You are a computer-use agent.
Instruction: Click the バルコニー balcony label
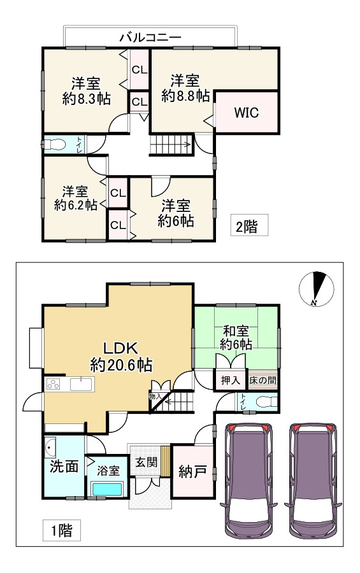point(150,38)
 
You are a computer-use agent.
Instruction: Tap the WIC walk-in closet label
point(246,113)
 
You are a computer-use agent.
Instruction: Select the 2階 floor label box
point(248,225)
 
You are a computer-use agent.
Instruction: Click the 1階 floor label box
point(61,530)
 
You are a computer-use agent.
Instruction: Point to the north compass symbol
point(317,290)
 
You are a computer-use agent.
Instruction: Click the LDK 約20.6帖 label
point(121,357)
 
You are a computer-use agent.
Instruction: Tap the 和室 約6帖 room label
point(236,337)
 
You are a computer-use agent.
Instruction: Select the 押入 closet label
point(230,381)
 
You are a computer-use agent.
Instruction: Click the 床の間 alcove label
point(263,380)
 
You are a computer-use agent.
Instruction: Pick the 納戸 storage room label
point(192,472)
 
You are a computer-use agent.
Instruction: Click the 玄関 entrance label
point(146,462)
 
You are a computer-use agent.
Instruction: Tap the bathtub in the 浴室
point(107,490)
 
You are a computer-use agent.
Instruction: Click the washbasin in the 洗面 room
point(50,446)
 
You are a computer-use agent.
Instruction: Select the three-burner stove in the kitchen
point(54,384)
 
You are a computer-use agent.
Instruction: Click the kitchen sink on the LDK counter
point(81,384)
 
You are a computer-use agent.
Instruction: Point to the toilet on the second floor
point(55,145)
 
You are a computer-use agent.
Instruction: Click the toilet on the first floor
point(266,402)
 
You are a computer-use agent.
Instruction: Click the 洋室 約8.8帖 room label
point(186,88)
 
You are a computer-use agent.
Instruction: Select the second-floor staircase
point(171,144)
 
